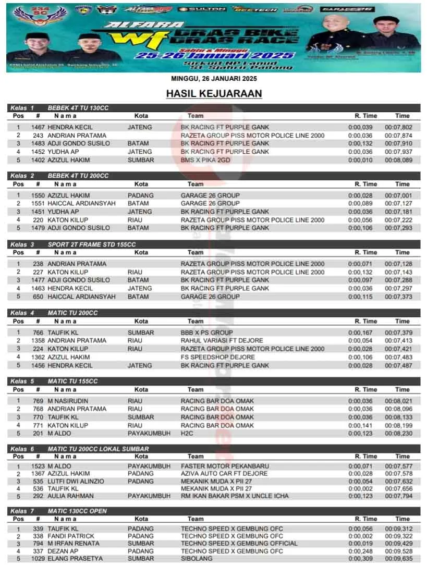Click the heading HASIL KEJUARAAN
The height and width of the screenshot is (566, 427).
[x=214, y=94]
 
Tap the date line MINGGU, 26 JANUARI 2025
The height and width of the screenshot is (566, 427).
[x=214, y=79]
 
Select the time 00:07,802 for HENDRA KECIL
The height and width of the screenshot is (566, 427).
[x=399, y=127]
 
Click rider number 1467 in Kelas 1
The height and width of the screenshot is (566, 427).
[x=38, y=127]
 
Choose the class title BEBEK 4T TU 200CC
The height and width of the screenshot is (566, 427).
[x=78, y=176]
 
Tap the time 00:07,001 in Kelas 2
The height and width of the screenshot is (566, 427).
[x=399, y=195]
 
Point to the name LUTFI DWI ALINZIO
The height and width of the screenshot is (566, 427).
[x=76, y=482]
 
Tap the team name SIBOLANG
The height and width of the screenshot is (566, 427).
[x=197, y=559]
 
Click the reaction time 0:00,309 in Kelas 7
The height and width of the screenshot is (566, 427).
[x=360, y=559]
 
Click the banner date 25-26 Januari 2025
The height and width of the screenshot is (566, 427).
[x=214, y=55]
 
